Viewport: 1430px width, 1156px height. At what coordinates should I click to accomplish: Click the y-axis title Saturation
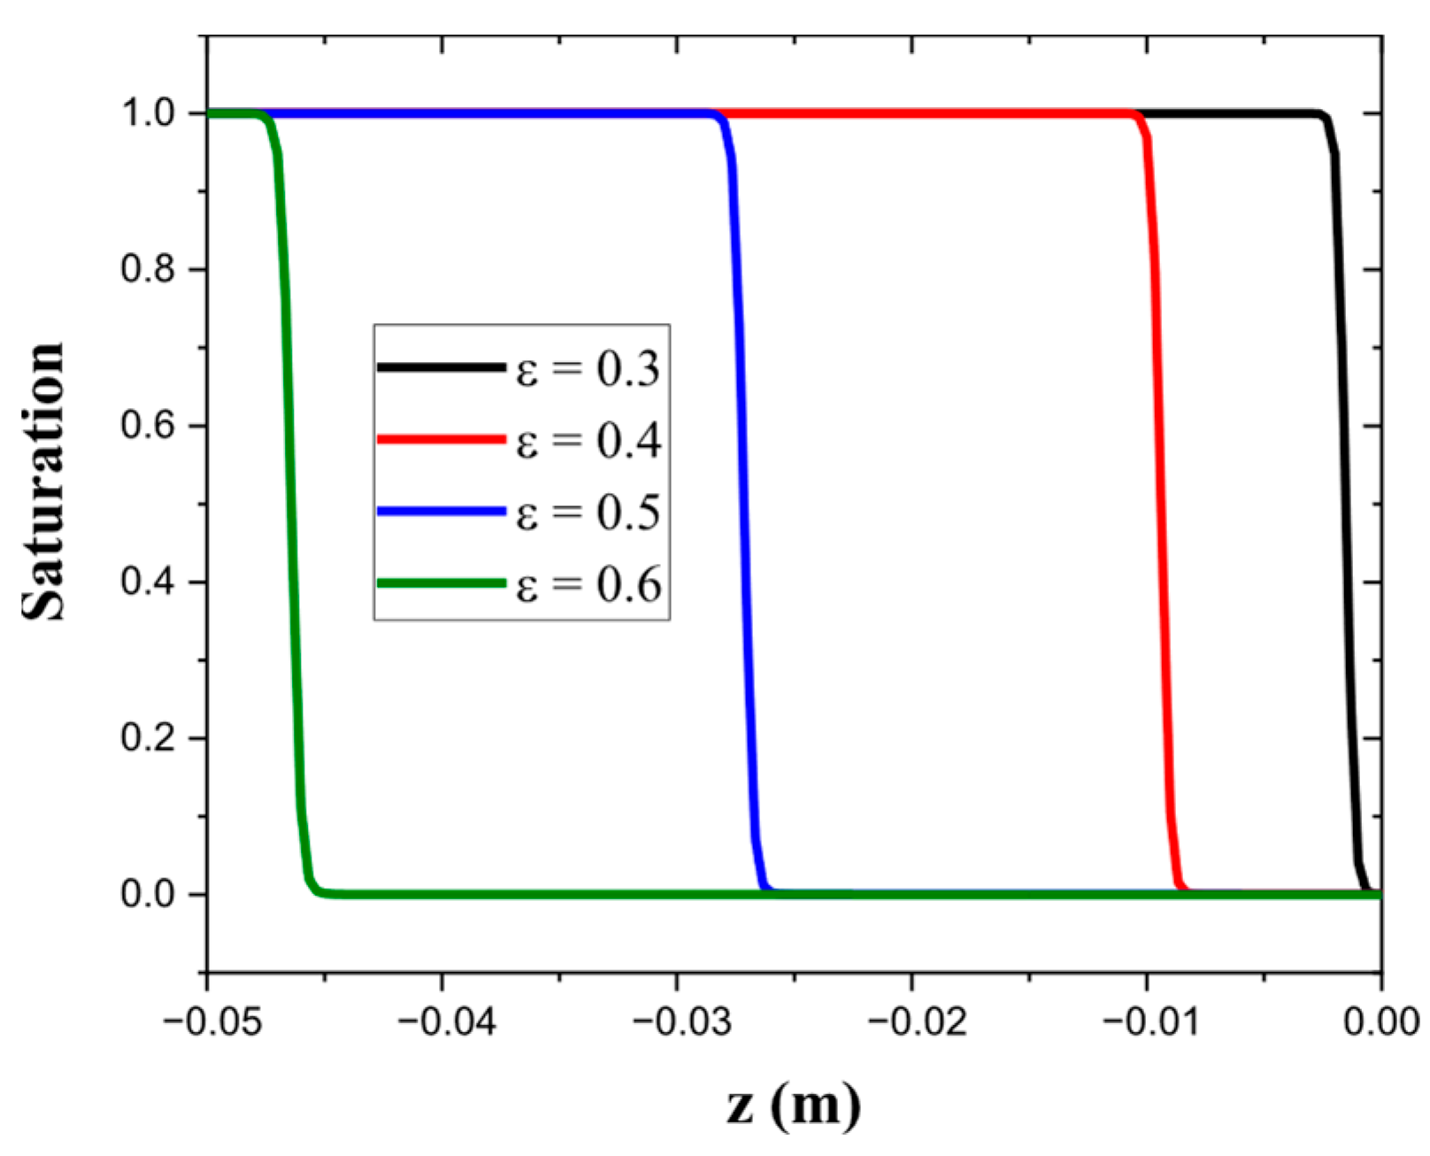coord(42,482)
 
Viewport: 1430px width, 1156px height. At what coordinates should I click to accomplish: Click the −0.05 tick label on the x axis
coord(212,1022)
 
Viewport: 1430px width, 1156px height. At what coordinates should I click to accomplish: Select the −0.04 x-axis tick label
coord(446,1022)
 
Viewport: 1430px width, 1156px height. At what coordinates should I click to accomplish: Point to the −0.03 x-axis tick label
coord(680,1022)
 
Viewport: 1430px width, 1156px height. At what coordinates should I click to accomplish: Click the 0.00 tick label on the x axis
coord(1382,1022)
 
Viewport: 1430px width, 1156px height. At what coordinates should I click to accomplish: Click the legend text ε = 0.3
coord(588,368)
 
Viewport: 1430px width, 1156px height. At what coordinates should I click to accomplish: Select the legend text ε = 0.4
coord(588,440)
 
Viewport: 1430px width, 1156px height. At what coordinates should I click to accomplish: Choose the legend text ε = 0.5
coord(588,512)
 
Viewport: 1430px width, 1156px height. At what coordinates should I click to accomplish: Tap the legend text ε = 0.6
coord(588,585)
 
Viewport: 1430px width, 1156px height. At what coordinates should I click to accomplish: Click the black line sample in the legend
coord(441,366)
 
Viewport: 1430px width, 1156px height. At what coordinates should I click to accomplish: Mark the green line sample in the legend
coord(441,583)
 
